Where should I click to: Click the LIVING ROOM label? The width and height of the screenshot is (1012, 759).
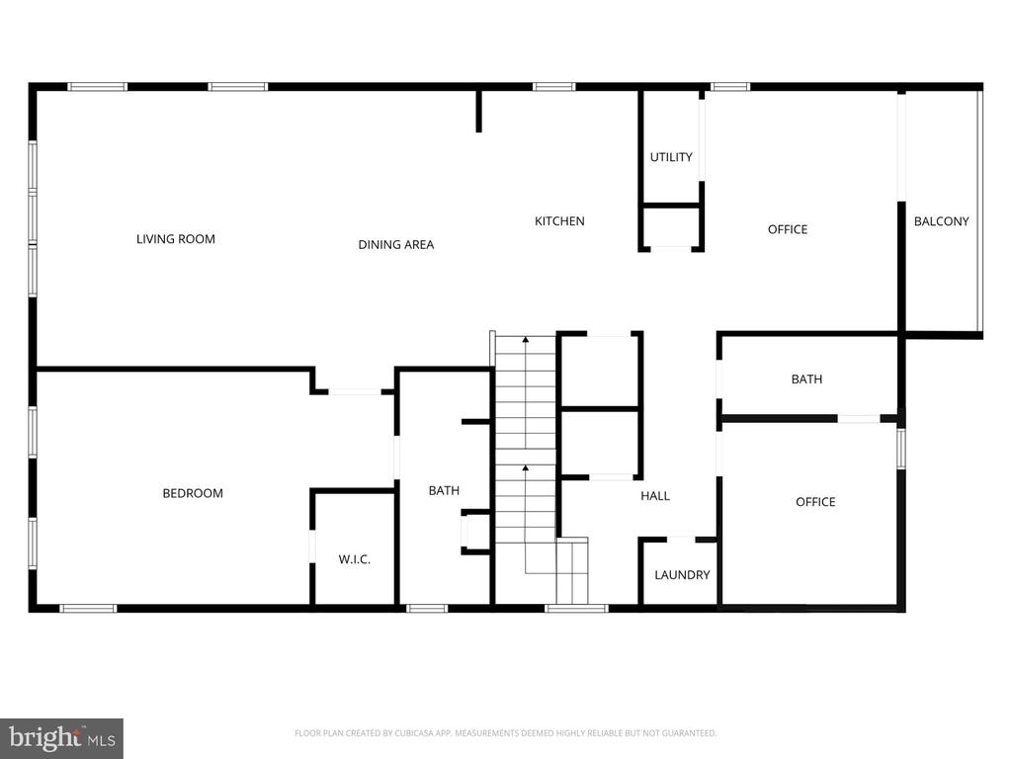(176, 239)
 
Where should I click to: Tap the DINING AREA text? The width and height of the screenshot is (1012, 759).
(395, 245)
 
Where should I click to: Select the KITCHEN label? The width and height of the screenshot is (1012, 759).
(559, 220)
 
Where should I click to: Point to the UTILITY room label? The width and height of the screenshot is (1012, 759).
(671, 157)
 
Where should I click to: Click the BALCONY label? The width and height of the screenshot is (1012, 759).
(942, 221)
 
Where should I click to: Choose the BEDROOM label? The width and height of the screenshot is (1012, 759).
(193, 493)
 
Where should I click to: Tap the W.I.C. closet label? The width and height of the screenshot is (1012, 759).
(355, 559)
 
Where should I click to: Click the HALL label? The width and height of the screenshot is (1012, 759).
(655, 496)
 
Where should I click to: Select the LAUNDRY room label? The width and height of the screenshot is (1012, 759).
(682, 574)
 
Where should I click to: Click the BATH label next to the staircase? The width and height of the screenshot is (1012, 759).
(444, 490)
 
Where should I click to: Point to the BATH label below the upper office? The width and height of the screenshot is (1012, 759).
(806, 379)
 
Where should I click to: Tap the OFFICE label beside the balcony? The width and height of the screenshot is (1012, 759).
(788, 229)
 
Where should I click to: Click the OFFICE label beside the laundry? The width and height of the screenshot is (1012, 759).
(815, 501)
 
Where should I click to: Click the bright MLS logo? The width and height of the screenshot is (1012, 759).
(61, 738)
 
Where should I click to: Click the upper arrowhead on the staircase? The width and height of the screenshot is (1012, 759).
(526, 339)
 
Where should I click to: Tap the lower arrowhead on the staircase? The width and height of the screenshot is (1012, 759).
(526, 467)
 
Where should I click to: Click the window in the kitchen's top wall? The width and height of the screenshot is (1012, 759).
(553, 87)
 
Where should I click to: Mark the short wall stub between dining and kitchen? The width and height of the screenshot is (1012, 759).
(479, 111)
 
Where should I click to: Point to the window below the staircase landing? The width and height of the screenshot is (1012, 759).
(576, 608)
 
